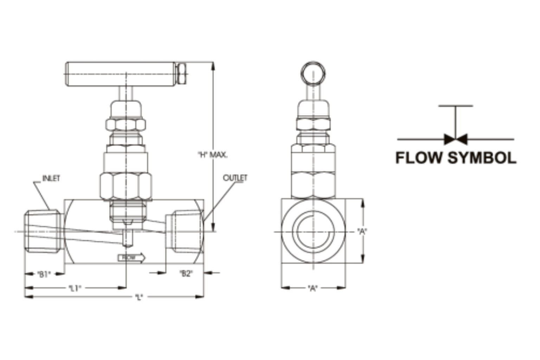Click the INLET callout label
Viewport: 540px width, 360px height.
click(x=51, y=178)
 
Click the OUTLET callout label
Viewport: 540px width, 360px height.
click(x=235, y=178)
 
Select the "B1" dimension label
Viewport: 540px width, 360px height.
click(x=44, y=274)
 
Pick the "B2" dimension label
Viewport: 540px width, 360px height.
click(x=186, y=274)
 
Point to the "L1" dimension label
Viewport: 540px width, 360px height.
click(x=75, y=288)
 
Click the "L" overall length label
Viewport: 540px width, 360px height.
click(x=139, y=297)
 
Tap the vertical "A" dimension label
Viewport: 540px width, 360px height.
click(x=362, y=231)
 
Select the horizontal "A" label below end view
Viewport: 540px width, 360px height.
click(x=313, y=288)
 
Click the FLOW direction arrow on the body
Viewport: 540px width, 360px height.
click(x=131, y=258)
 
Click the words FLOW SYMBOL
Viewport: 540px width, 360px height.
click(x=456, y=158)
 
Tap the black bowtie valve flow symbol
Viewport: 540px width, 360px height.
click(x=456, y=139)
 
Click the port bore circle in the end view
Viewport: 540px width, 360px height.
click(x=313, y=231)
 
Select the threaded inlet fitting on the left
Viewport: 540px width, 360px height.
click(x=43, y=231)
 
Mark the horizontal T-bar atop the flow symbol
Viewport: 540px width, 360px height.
click(x=456, y=105)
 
